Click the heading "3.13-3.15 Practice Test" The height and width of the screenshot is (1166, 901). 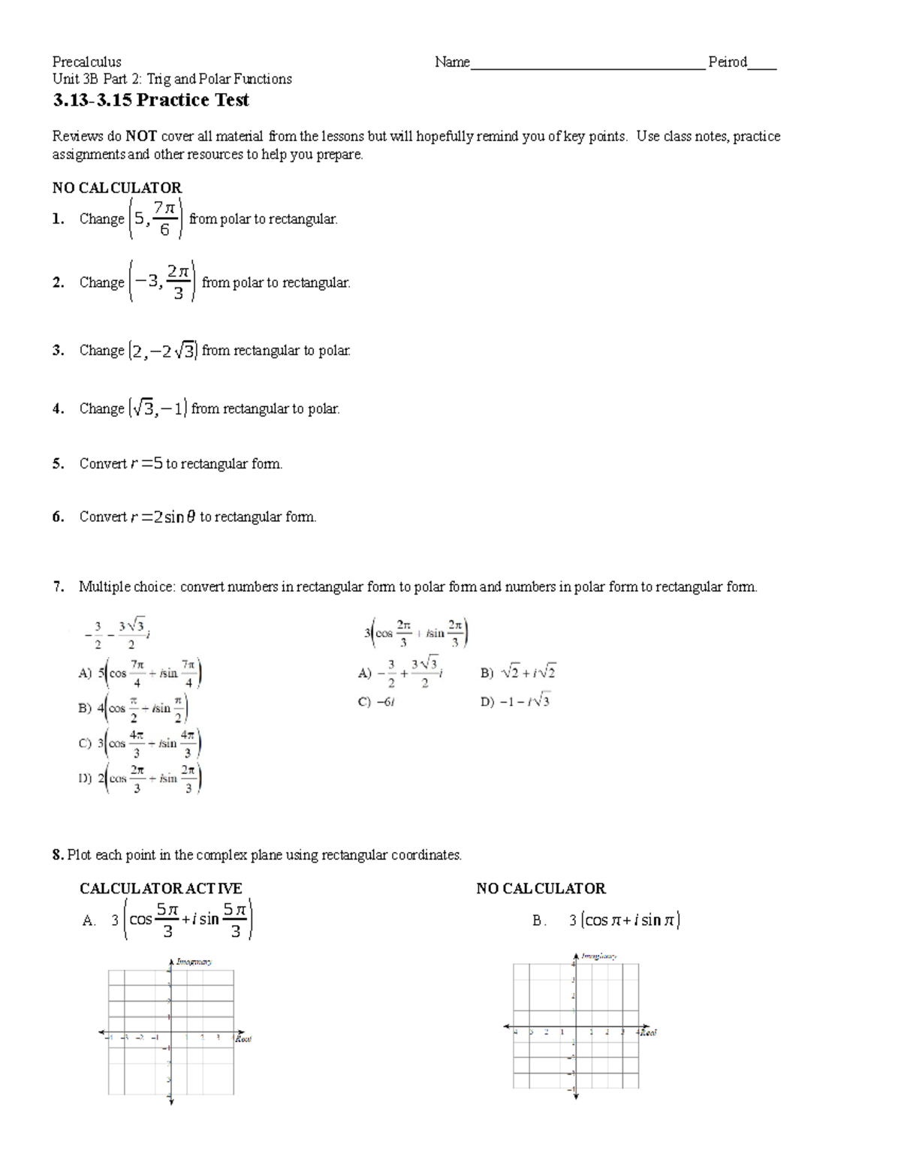tap(150, 101)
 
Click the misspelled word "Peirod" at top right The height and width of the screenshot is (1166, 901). tap(727, 62)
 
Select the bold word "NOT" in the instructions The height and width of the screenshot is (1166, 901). tap(140, 137)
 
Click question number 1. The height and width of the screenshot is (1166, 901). tap(59, 219)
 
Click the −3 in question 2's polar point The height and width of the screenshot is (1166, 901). tap(146, 282)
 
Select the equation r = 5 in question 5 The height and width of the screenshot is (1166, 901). tap(146, 464)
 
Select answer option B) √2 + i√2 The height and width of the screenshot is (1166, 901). tap(518, 673)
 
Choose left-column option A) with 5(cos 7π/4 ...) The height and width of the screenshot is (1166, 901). tap(140, 673)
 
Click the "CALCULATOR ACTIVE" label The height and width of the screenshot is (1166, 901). tap(161, 889)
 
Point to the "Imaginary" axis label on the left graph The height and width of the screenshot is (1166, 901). tap(194, 961)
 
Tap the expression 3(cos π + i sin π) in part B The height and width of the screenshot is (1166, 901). tap(624, 920)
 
